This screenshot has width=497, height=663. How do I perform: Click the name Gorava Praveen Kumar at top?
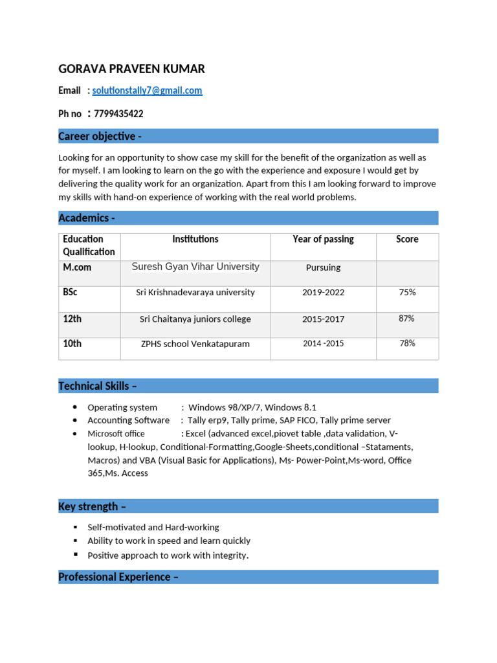(131, 69)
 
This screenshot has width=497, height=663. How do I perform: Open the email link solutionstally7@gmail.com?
(147, 91)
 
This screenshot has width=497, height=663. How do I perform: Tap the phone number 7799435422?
(118, 114)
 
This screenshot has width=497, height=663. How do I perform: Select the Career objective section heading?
(100, 136)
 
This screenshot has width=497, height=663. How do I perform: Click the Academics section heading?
(87, 218)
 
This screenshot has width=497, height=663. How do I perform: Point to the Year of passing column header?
(323, 240)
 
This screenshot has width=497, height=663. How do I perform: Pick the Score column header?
(407, 240)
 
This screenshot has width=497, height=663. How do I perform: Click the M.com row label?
(77, 267)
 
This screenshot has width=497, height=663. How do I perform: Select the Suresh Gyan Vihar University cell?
(195, 267)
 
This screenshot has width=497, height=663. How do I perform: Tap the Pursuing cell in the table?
(323, 267)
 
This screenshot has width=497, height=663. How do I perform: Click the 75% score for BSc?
(407, 293)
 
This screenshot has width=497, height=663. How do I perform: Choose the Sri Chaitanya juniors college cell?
(195, 319)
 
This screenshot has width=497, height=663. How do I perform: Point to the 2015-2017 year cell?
(323, 319)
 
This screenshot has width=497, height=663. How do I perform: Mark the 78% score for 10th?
(407, 344)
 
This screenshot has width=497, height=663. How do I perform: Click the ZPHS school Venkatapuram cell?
(195, 344)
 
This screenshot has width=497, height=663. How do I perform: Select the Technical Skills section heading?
(98, 386)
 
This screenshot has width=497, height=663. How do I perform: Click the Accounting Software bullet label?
(128, 420)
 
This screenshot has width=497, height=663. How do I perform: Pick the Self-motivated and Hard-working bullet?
(153, 528)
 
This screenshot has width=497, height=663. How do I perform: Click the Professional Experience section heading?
(118, 577)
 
